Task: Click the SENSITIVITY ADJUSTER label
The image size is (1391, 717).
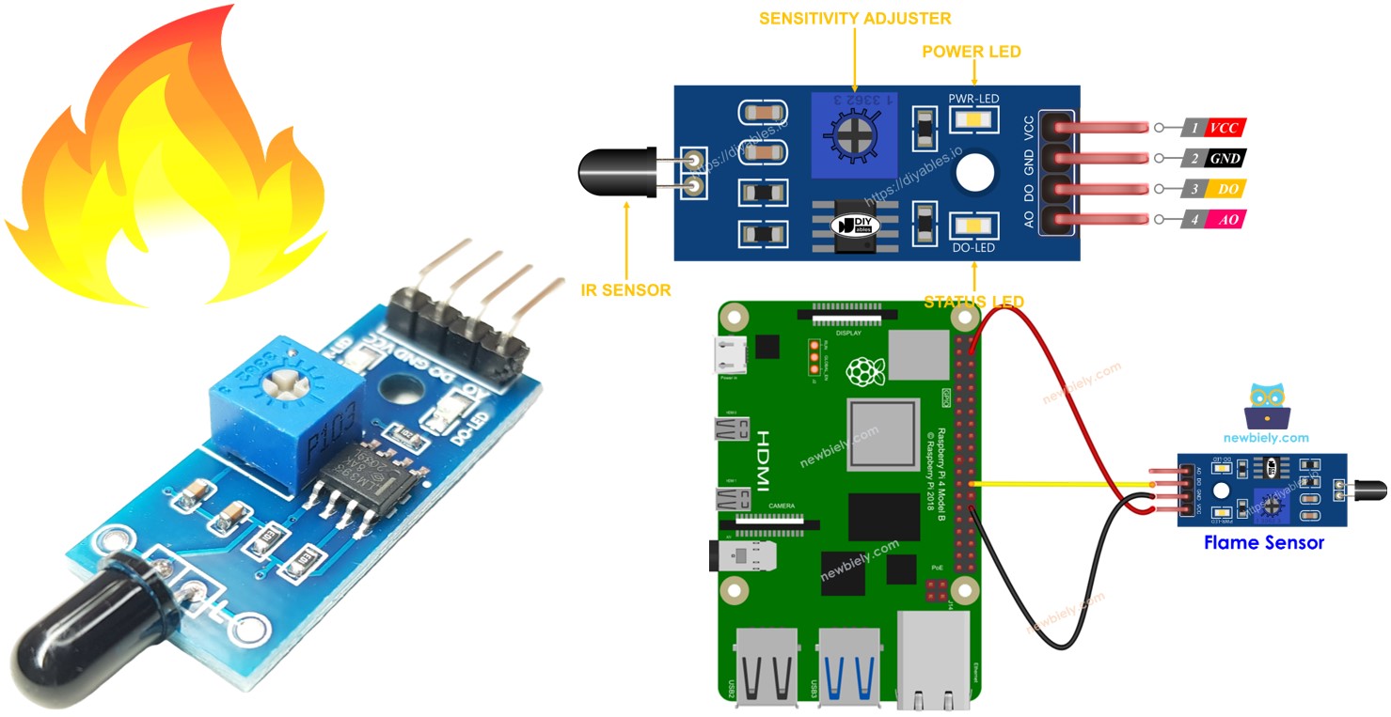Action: pyautogui.click(x=854, y=18)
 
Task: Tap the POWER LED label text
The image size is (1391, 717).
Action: pyautogui.click(x=972, y=52)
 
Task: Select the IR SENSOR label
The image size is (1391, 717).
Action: pyautogui.click(x=626, y=290)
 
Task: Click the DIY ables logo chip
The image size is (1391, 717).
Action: pyautogui.click(x=861, y=226)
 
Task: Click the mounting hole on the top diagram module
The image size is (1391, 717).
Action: pyautogui.click(x=975, y=173)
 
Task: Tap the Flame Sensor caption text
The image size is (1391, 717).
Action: pyautogui.click(x=1263, y=542)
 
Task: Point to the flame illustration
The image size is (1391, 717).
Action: pyautogui.click(x=165, y=160)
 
